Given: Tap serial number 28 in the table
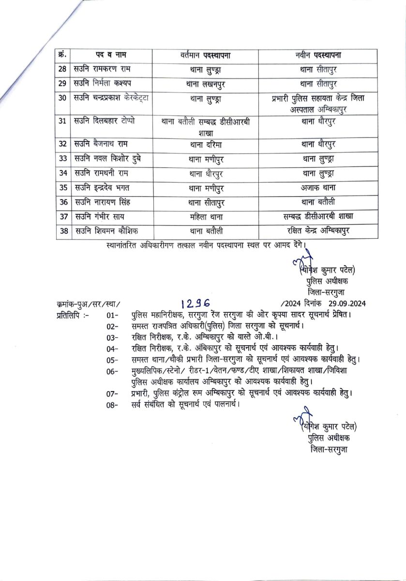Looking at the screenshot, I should tap(62, 69).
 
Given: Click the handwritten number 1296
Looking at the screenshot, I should tap(195, 303).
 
